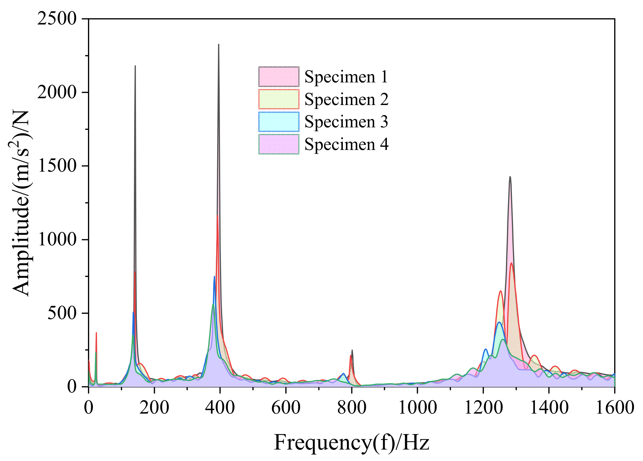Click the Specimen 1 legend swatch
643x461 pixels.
pos(279,77)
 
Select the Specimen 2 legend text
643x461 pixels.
pos(346,99)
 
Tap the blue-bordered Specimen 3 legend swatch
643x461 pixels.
pos(279,122)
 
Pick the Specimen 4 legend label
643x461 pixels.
pos(346,144)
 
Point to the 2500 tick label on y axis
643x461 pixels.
pos(57,19)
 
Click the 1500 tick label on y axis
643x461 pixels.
pos(57,166)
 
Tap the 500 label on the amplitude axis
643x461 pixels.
pos(62,313)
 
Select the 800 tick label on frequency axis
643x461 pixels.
pos(352,407)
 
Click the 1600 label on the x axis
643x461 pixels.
pos(615,407)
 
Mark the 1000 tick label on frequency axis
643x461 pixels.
pos(417,407)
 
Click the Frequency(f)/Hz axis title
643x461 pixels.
pos(351,442)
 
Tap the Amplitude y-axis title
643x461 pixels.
pos(21,203)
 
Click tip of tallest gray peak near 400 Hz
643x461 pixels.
pos(219,45)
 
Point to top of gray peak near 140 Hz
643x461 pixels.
pos(135,66)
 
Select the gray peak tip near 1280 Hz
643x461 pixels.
pos(510,177)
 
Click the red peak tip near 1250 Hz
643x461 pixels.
pos(501,291)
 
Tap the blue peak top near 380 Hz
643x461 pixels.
pos(214,276)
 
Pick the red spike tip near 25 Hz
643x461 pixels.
pos(96,333)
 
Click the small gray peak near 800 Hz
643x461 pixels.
pos(352,350)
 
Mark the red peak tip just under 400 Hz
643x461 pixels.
pos(217,216)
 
